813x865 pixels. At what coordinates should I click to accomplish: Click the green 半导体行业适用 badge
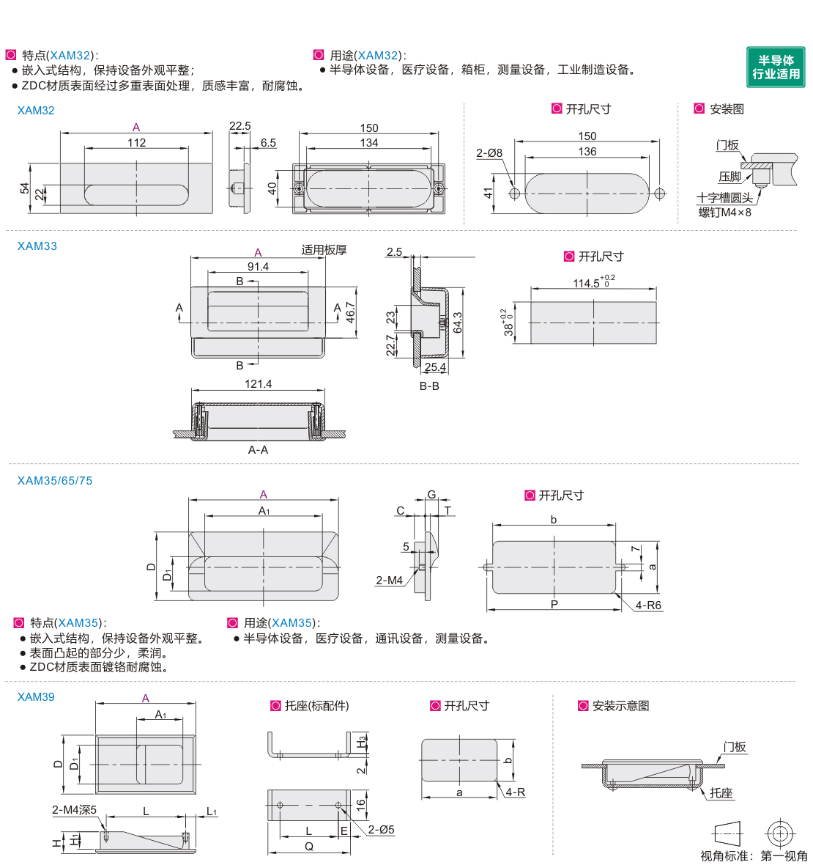tap(776, 67)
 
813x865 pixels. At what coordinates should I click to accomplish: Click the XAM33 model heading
tap(37, 246)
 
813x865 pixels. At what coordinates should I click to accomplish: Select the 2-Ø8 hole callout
tap(489, 152)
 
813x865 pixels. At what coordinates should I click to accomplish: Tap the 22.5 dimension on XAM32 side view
tap(240, 126)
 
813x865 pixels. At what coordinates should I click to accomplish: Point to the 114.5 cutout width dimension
tap(593, 282)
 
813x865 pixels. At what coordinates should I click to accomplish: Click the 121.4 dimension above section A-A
tap(258, 383)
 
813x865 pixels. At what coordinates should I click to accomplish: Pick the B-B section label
tap(429, 386)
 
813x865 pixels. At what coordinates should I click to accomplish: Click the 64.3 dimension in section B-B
tap(458, 323)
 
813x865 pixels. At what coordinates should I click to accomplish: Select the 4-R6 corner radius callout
tap(648, 605)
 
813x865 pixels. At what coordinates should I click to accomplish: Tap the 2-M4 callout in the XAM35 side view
tap(389, 581)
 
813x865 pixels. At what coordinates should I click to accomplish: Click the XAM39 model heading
tap(36, 696)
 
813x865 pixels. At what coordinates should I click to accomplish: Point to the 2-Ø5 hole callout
tap(382, 830)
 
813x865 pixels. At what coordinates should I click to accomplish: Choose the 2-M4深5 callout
tap(75, 810)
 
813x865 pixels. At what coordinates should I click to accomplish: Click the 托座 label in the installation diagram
tap(721, 792)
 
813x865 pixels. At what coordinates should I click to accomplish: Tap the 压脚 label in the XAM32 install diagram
tap(730, 177)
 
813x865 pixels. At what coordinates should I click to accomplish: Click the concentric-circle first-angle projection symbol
tap(780, 833)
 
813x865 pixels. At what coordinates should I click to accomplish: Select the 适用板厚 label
tap(324, 250)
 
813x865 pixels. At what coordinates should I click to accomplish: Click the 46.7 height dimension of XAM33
tap(351, 312)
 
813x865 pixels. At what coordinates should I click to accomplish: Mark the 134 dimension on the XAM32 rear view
tap(368, 142)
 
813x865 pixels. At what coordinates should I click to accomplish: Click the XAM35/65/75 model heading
tap(55, 480)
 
